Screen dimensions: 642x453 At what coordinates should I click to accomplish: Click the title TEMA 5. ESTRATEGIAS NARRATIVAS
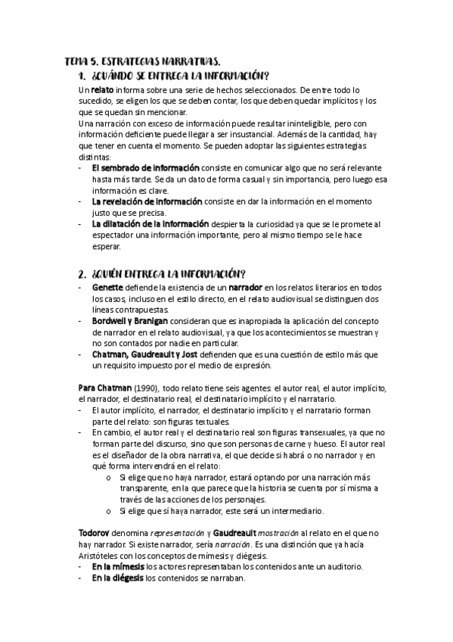click(143, 61)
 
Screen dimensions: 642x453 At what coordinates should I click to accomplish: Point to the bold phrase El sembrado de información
click(145, 167)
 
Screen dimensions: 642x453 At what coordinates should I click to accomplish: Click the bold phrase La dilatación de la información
click(152, 224)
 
